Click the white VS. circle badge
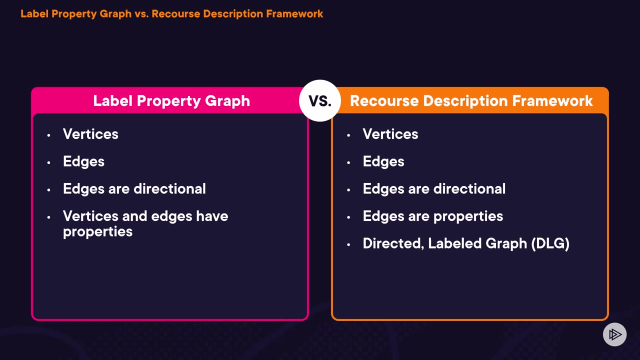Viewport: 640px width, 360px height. pos(320,100)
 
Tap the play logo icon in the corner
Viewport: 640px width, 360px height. pos(614,334)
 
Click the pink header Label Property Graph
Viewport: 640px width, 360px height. pos(171,101)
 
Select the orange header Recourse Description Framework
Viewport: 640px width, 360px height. pos(471,101)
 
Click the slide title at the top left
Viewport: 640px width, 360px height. pos(171,13)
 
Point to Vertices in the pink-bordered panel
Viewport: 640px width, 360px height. pos(90,134)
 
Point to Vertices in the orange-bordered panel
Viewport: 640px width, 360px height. pos(390,134)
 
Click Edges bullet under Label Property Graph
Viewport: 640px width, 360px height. pos(83,161)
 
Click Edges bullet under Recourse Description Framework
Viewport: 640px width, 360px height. pos(383,161)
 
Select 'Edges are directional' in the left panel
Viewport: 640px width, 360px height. pos(134,189)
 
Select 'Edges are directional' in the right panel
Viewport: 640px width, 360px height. pos(434,189)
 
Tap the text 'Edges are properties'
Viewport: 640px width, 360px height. pos(432,216)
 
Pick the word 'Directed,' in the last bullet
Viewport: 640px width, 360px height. pos(393,243)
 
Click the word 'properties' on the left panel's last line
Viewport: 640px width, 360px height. pos(97,232)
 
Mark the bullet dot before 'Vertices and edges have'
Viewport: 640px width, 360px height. pos(48,217)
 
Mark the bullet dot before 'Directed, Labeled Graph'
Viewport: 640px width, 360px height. pos(348,244)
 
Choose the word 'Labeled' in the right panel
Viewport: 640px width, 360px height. pos(452,243)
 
